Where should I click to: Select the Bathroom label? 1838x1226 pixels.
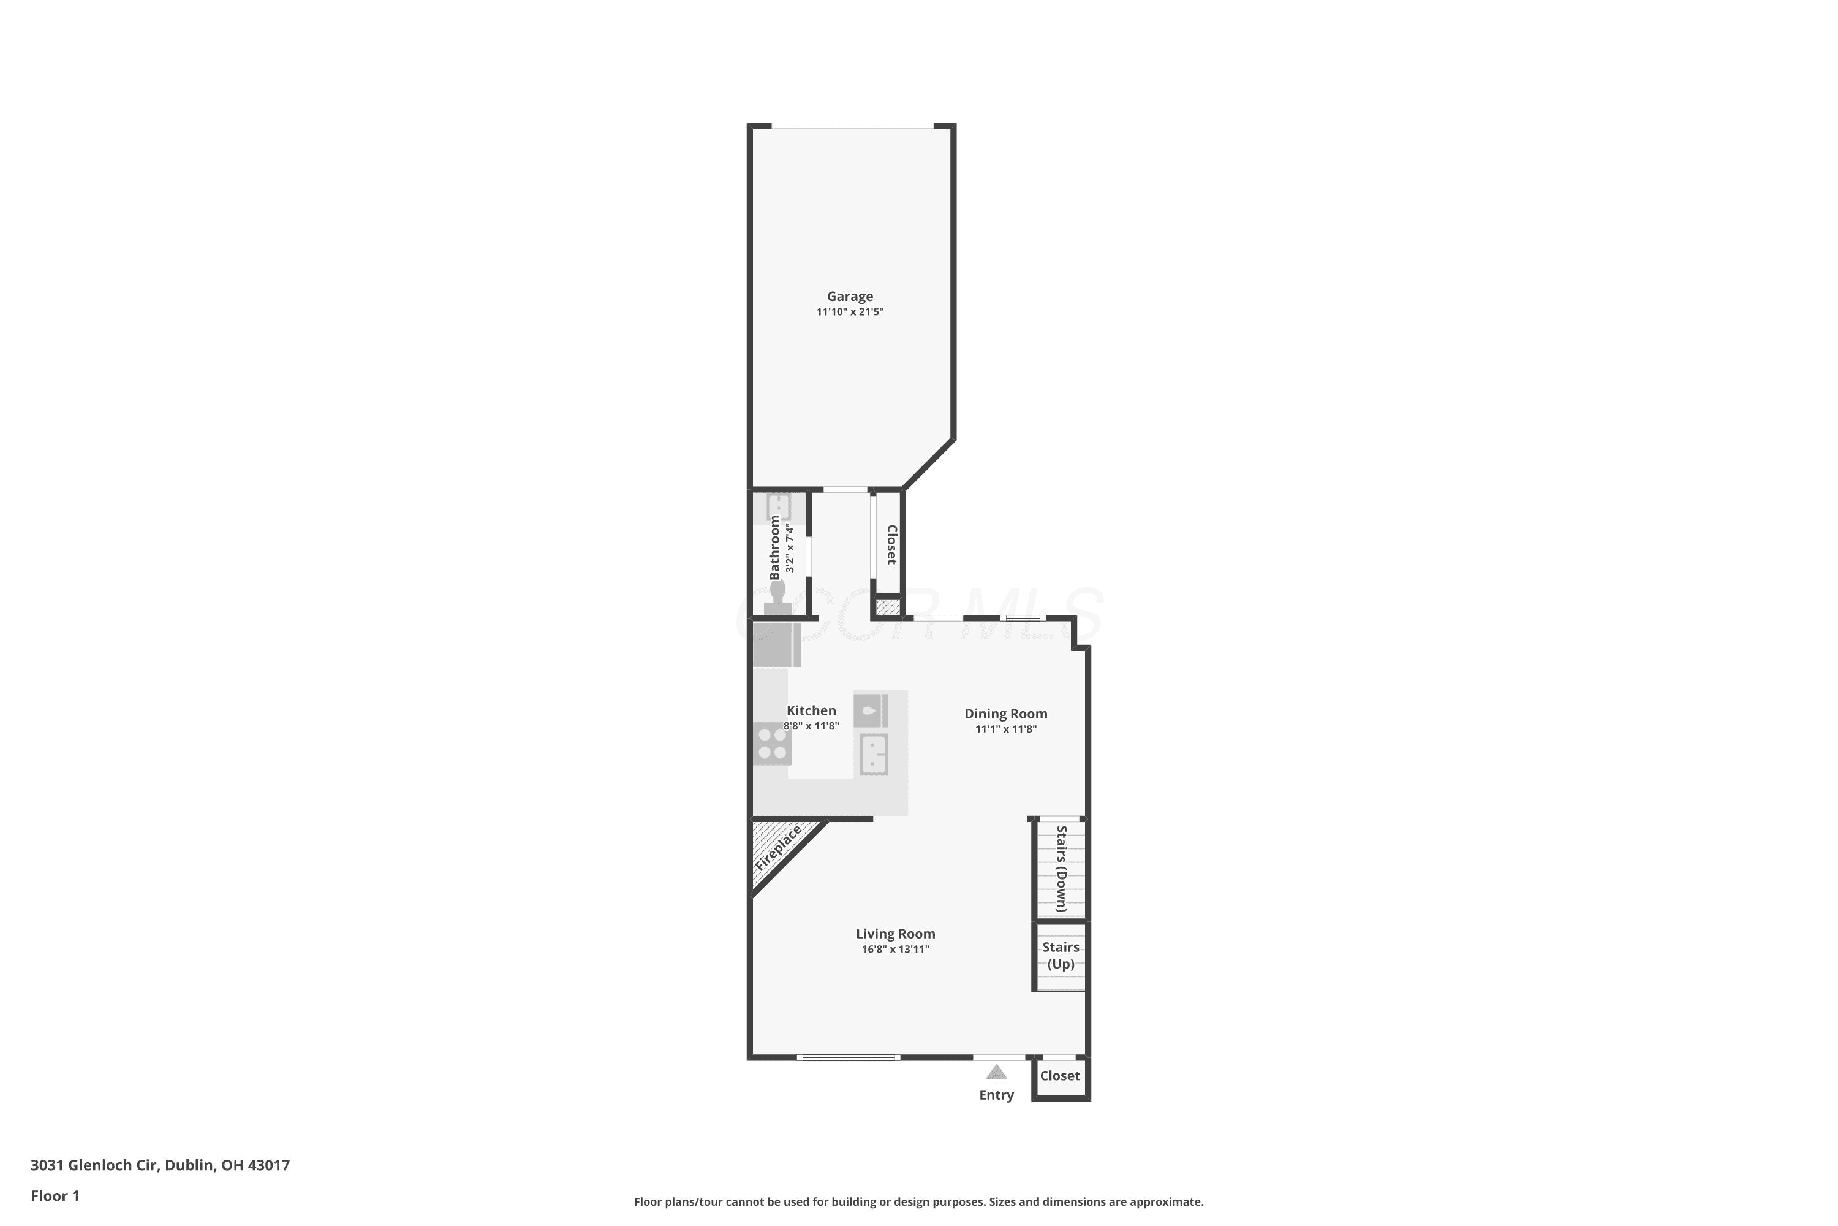(x=774, y=547)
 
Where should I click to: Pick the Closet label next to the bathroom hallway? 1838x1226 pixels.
(x=891, y=544)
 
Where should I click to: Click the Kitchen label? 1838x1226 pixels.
(x=811, y=710)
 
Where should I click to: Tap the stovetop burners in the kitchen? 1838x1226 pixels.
(x=772, y=744)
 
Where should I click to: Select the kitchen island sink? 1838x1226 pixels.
(x=874, y=755)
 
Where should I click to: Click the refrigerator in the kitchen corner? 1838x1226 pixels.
(x=777, y=644)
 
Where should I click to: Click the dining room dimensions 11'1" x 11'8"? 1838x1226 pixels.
(x=1006, y=729)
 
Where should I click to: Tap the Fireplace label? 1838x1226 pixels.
(x=778, y=848)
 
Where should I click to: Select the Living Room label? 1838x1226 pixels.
(x=896, y=934)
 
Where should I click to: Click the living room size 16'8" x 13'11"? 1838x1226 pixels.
(x=896, y=949)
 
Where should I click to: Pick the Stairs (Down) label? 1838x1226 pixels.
(x=1061, y=869)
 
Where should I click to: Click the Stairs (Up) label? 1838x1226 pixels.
(x=1061, y=956)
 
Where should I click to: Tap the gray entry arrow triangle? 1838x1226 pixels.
(x=996, y=1072)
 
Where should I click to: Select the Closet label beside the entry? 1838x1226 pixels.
(x=1060, y=1076)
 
